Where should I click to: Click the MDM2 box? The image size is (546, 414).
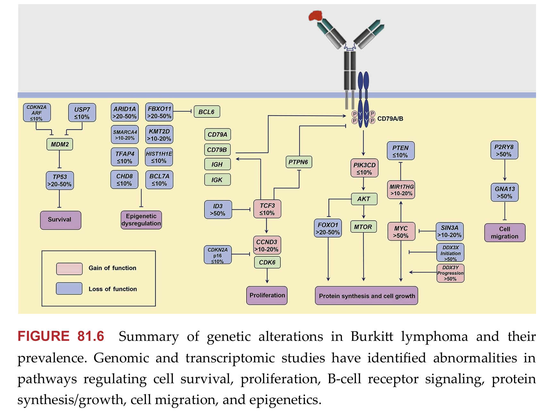(x=60, y=144)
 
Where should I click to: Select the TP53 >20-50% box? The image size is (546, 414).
(x=60, y=180)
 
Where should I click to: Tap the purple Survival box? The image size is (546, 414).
(x=60, y=220)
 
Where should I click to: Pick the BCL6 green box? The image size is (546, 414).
(x=206, y=112)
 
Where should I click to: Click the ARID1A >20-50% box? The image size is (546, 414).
(x=124, y=112)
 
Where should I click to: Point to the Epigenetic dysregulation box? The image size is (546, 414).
(x=141, y=220)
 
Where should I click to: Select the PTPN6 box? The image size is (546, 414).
(x=298, y=162)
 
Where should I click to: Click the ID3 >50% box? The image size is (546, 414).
(x=218, y=210)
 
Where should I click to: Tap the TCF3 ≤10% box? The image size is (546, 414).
(x=267, y=209)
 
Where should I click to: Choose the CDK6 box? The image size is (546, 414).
(x=267, y=262)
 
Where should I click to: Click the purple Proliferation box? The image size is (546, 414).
(x=267, y=295)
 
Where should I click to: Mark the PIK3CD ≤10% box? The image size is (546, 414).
(x=364, y=168)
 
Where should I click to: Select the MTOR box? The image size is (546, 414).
(x=363, y=227)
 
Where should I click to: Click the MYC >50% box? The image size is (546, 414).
(x=401, y=232)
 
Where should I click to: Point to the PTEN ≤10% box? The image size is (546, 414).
(x=400, y=151)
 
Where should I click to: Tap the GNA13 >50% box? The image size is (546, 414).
(x=504, y=192)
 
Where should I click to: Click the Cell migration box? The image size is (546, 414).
(x=504, y=233)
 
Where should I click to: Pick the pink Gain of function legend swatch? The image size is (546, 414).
(x=69, y=269)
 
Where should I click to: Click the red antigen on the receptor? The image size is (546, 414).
(x=315, y=16)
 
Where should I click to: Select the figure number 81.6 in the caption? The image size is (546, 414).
(x=90, y=336)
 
